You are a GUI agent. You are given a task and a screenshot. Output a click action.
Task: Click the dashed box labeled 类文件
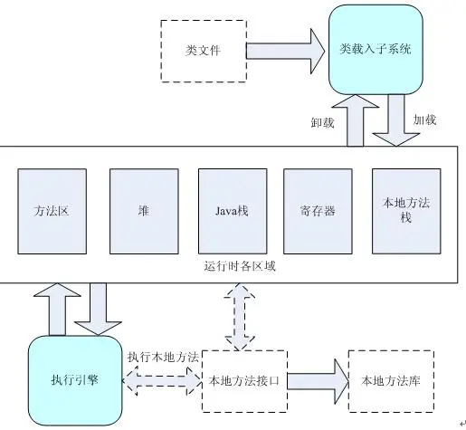point(203,51)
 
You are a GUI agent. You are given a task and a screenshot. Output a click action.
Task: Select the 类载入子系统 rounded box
point(375,49)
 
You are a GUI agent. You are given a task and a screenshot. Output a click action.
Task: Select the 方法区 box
point(52,210)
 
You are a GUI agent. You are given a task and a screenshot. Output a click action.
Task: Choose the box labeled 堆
point(143,210)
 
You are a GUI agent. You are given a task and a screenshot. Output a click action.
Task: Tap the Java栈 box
point(230,210)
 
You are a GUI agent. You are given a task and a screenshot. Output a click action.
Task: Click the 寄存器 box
point(318,210)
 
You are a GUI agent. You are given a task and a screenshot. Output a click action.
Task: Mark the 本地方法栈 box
point(404,210)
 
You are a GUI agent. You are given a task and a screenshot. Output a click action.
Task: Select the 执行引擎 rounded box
point(74,379)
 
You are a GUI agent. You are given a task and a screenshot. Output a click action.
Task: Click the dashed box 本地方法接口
point(243,379)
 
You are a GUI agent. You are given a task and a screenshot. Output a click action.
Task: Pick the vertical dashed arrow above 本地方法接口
point(242,316)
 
